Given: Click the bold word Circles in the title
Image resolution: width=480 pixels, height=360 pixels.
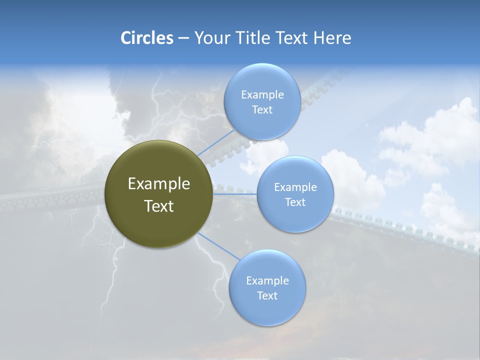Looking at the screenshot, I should [147, 38].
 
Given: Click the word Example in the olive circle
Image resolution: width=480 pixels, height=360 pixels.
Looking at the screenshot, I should [159, 184].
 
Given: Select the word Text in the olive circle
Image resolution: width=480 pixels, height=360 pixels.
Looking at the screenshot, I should [159, 206].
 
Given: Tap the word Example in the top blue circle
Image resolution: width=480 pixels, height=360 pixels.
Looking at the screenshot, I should [262, 95].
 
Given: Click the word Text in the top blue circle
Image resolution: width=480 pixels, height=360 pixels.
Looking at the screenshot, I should [262, 110].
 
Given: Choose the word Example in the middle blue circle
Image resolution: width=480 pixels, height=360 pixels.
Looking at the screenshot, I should [295, 187].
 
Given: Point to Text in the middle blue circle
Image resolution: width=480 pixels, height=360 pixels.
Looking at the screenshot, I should [295, 202].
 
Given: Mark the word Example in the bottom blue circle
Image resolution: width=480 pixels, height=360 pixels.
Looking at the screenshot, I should [267, 281].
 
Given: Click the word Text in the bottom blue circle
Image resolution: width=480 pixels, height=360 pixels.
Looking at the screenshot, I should [267, 296].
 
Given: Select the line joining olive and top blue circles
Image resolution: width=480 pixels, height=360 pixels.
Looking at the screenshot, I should [215, 142].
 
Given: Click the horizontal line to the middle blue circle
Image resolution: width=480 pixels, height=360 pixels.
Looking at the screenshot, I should [235, 193].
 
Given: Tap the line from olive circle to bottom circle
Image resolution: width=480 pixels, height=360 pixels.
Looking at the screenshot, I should [218, 246].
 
